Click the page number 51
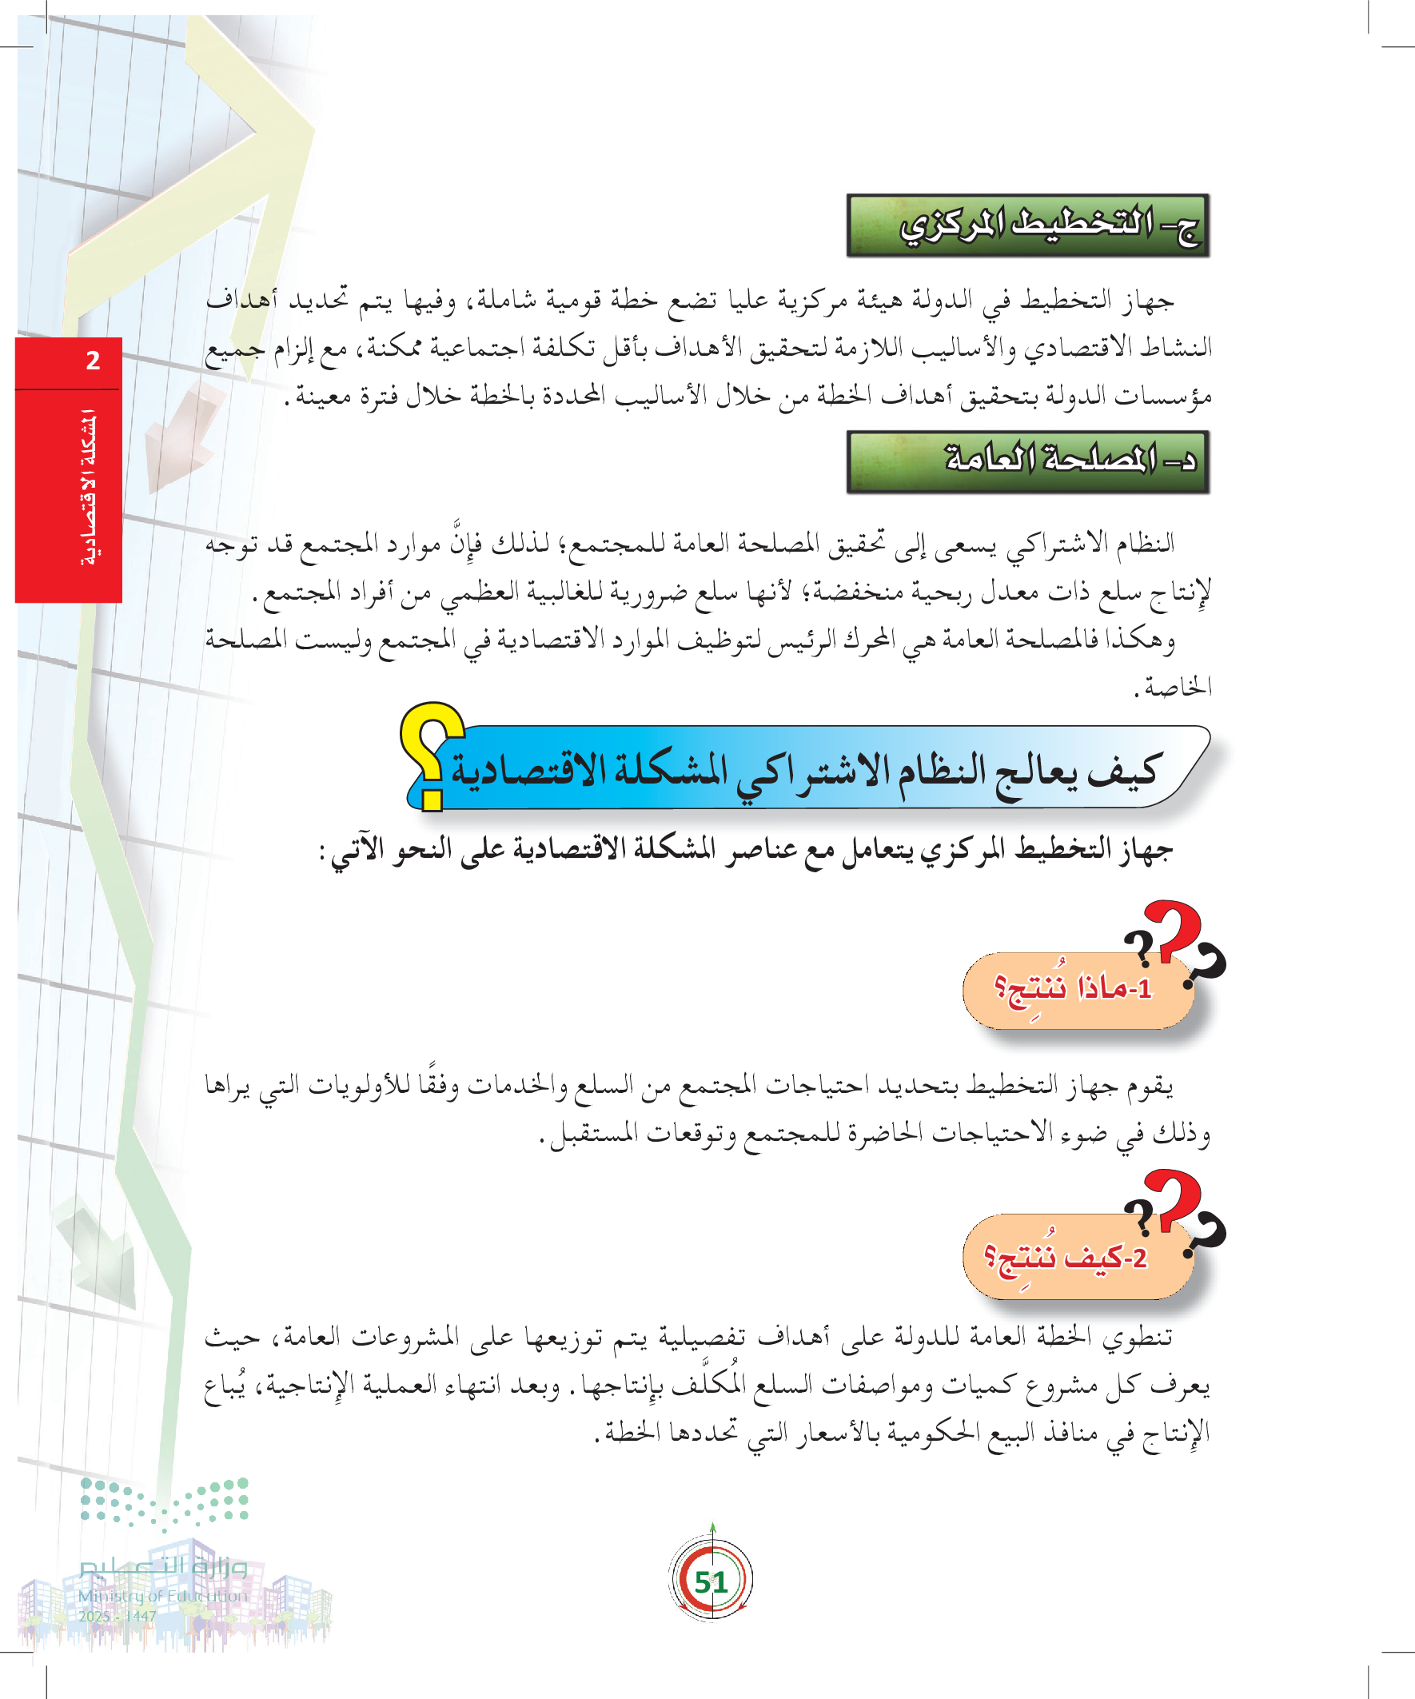(711, 1581)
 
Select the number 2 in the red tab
(93, 361)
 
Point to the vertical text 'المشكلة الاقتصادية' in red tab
(89, 489)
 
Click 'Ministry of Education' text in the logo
(162, 1596)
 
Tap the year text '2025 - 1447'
(118, 1616)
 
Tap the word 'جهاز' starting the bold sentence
(1145, 849)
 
